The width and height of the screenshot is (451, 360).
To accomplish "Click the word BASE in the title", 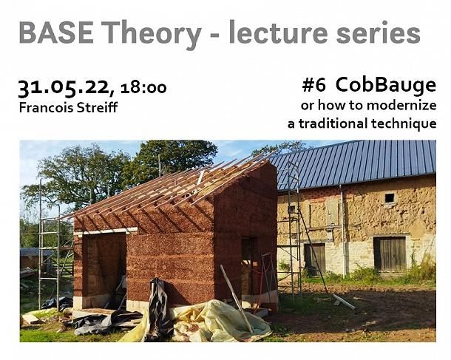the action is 56,32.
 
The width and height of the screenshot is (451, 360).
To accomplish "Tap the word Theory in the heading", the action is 151,35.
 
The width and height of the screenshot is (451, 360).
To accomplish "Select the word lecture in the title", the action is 278,32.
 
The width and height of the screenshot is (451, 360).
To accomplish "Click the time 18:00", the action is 143,88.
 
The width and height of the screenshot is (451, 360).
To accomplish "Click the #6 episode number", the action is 313,85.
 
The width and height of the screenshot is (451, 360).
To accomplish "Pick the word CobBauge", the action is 386,86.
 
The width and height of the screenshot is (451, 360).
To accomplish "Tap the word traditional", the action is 333,123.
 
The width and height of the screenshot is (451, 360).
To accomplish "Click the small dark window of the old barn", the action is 390,198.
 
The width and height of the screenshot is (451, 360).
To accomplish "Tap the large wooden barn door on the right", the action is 390,254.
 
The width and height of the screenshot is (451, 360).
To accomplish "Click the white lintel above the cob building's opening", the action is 106,231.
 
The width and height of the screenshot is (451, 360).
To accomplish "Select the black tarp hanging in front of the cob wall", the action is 157,305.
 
